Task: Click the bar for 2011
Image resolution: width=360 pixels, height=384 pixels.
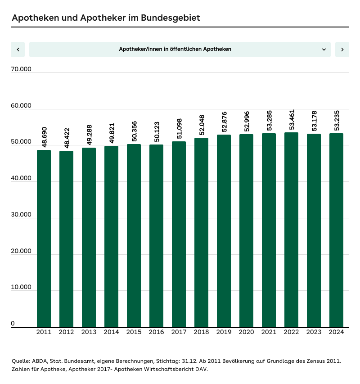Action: (x=44, y=239)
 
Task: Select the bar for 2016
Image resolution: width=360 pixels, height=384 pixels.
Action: (x=156, y=236)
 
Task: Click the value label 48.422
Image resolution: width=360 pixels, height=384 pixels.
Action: (x=67, y=138)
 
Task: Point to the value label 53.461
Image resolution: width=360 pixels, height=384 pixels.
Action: (x=292, y=120)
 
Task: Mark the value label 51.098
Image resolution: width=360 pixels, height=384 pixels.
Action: (x=179, y=129)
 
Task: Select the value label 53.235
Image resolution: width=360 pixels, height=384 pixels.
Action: (x=337, y=121)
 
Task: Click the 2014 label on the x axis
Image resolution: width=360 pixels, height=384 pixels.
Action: (x=111, y=332)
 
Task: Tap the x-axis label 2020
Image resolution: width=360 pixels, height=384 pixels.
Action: (x=246, y=332)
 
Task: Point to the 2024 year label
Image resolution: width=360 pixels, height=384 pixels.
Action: (x=336, y=332)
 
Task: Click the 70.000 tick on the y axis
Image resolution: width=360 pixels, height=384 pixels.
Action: (x=21, y=69)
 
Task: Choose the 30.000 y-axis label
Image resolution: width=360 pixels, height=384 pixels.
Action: (x=21, y=215)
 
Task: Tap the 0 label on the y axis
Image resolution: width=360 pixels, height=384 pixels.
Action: (x=13, y=324)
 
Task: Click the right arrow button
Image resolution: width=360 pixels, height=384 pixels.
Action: (x=342, y=50)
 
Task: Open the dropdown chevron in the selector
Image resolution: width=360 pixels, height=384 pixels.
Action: (x=324, y=50)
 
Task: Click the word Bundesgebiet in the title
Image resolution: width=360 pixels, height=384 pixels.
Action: (x=170, y=18)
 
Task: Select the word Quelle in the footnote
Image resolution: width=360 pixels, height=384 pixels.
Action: (x=21, y=361)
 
